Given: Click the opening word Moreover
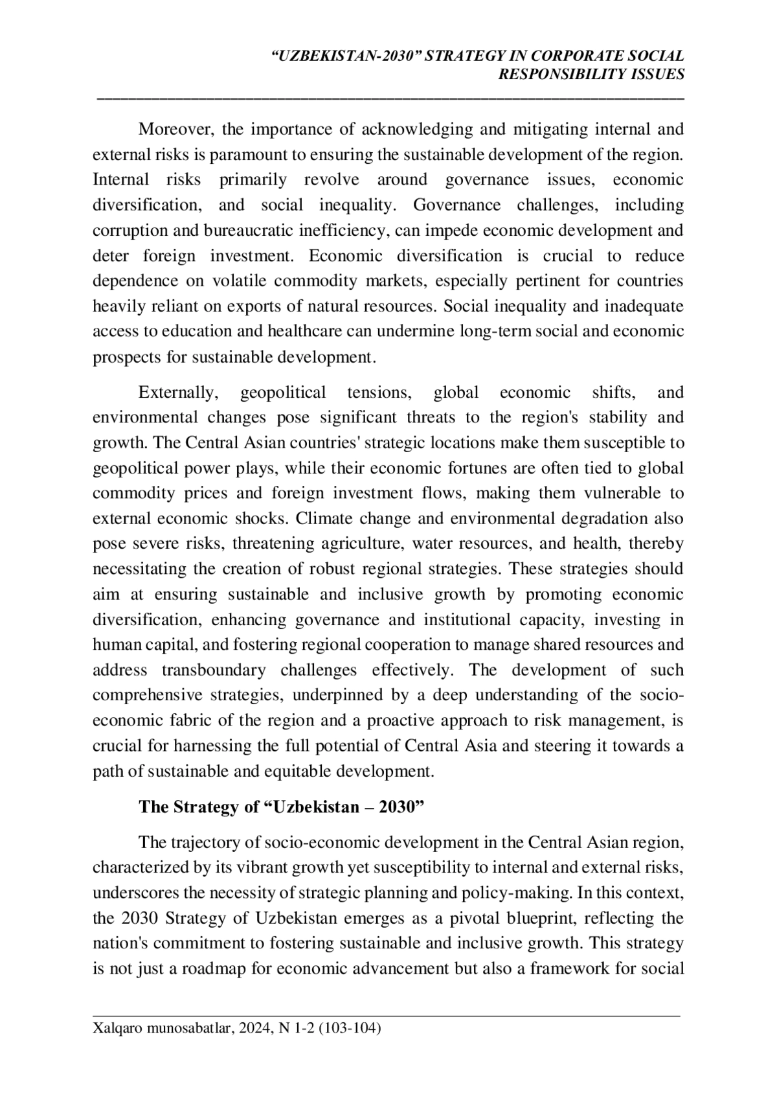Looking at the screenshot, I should pyautogui.click(x=176, y=130).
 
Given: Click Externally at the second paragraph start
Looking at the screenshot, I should pyautogui.click(x=176, y=393).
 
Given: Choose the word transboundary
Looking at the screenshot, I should pyautogui.click(x=214, y=670).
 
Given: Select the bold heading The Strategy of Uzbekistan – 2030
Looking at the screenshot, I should pyautogui.click(x=281, y=807).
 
